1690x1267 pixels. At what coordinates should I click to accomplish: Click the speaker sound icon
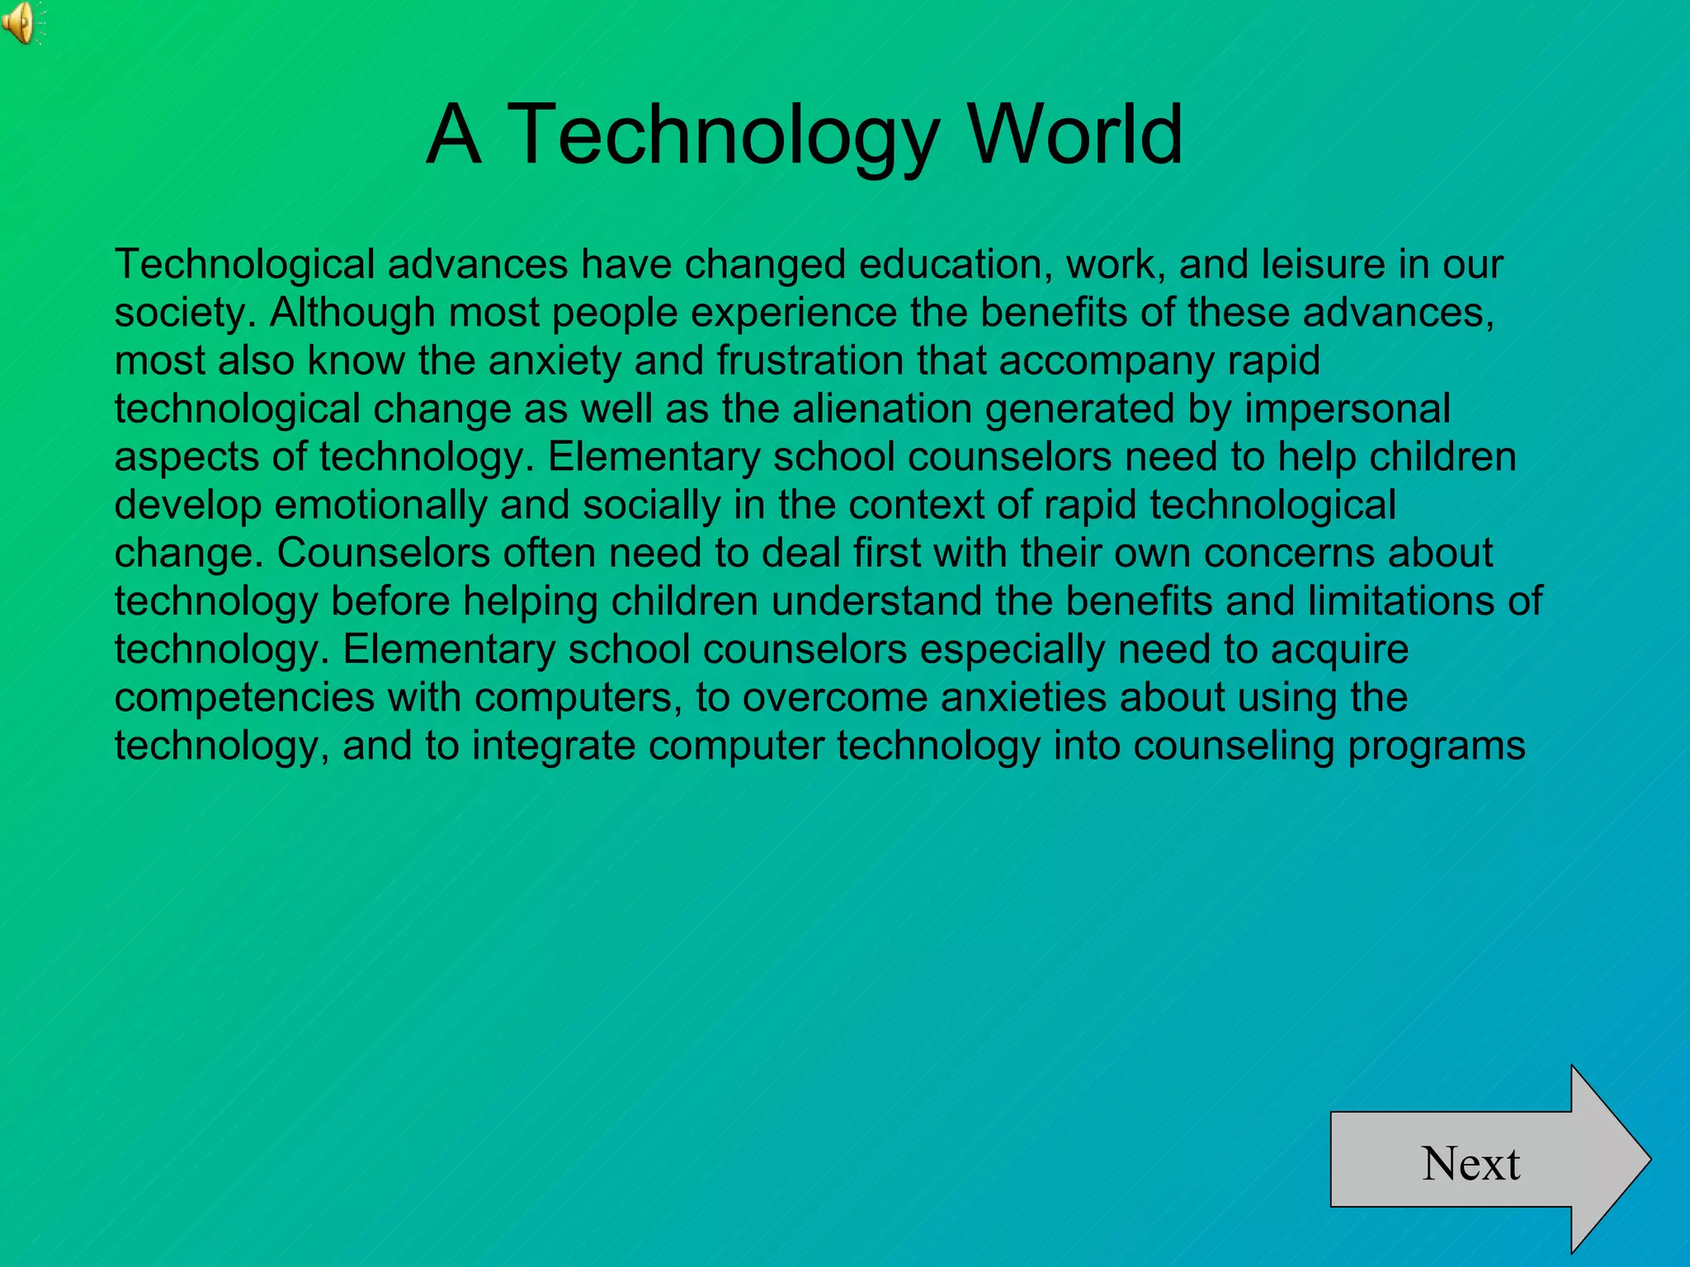point(20,22)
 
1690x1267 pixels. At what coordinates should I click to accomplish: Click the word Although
point(352,313)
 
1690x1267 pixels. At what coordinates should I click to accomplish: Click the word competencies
point(244,698)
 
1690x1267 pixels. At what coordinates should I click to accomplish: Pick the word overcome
point(834,698)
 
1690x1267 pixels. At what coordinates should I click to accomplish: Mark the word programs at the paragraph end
point(1436,746)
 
